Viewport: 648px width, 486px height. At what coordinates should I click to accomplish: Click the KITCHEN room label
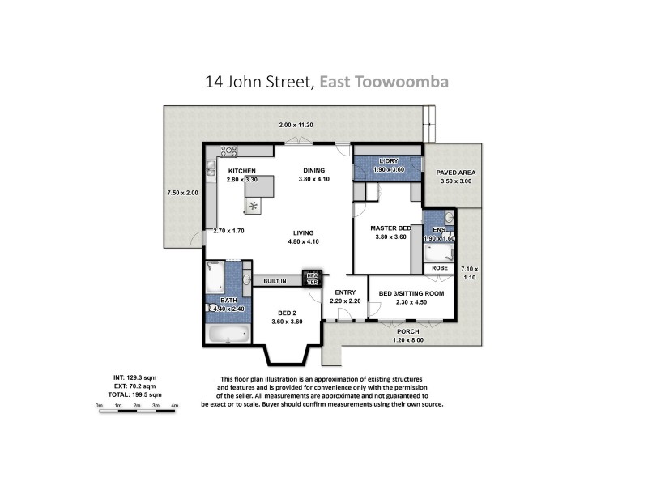242,171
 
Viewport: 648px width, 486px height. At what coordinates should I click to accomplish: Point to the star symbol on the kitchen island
254,206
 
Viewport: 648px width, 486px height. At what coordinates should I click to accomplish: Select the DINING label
313,170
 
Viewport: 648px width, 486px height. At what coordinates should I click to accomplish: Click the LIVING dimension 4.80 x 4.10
305,241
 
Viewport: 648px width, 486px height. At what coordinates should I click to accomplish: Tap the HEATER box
312,278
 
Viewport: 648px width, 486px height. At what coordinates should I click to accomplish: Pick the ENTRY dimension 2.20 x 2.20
344,301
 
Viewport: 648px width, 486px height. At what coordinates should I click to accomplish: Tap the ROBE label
439,267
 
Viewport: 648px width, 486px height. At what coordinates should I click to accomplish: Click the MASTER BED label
390,228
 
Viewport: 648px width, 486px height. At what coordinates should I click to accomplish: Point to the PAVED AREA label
456,173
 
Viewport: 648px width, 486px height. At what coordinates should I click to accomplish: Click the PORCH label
407,331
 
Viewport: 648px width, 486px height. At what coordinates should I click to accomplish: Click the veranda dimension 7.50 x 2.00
181,193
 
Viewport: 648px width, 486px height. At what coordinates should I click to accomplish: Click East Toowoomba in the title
384,82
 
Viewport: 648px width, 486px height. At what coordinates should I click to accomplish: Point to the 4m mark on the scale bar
175,405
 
